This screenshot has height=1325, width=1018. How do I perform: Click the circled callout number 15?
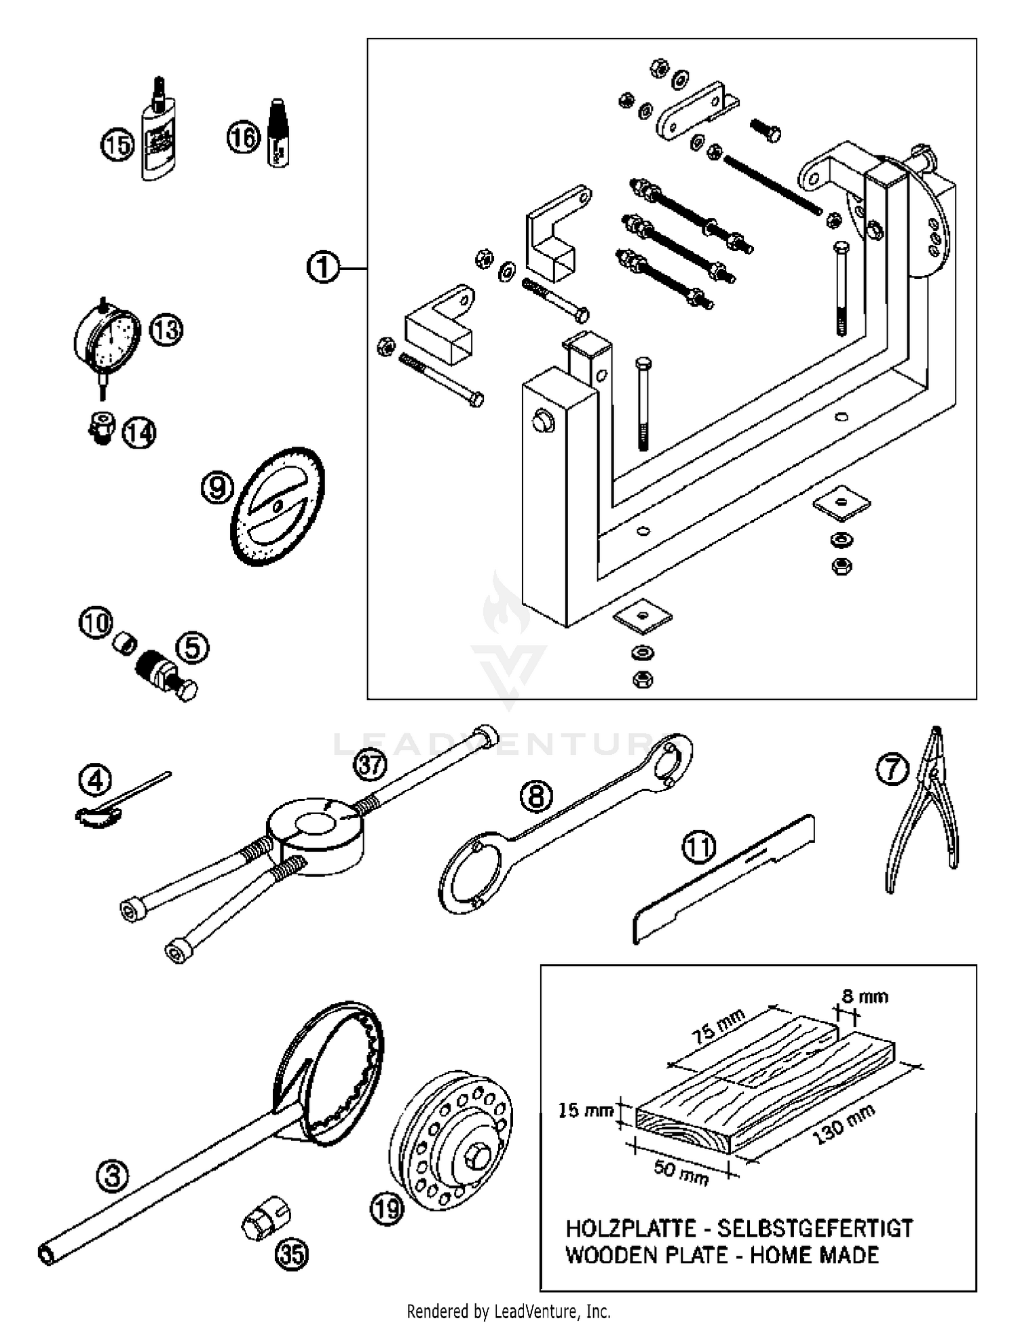(118, 145)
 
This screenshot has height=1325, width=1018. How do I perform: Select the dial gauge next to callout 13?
(107, 338)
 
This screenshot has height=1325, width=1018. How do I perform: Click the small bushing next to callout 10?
(125, 642)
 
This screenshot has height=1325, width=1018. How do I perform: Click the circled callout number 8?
(536, 796)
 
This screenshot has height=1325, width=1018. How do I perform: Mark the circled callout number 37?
(370, 766)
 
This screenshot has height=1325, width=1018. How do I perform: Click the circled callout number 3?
(113, 1176)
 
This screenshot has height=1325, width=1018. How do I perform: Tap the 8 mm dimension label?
(865, 996)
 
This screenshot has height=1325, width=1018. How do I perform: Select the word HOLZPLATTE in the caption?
(630, 1229)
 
